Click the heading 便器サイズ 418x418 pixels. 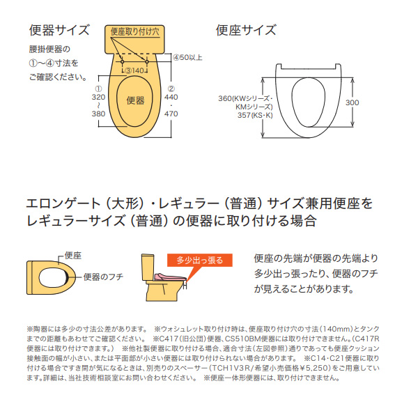[x=59, y=30]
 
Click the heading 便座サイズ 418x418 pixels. [x=245, y=30]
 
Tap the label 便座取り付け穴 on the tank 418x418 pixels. [x=134, y=31]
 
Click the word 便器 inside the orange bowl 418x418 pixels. [x=135, y=100]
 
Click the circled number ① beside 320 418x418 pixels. [x=98, y=88]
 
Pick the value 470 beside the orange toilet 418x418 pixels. [x=171, y=114]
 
